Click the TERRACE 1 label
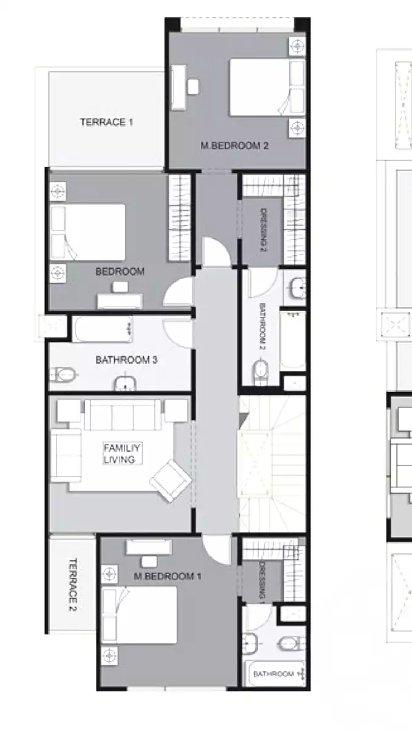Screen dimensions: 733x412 coord(106,122)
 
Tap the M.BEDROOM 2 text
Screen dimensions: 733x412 coord(235,146)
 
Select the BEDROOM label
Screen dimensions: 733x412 coord(120,272)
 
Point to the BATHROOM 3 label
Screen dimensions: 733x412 coord(126,360)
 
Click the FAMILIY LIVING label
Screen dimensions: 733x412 coord(119,454)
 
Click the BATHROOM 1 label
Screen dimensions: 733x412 coord(275,674)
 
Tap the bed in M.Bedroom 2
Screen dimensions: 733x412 coord(267,87)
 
